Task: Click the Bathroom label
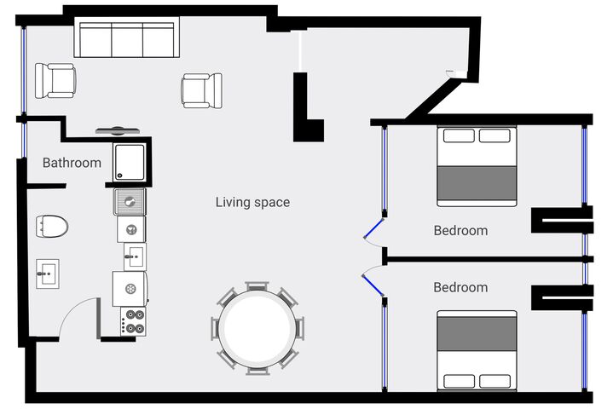click(x=72, y=163)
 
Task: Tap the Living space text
click(x=253, y=202)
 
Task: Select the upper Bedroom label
click(x=460, y=230)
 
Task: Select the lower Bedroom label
click(x=460, y=287)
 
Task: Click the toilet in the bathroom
click(x=52, y=226)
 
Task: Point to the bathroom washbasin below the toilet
click(x=48, y=274)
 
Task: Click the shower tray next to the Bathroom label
click(x=130, y=162)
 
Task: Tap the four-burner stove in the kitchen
click(x=133, y=321)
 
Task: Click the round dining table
click(x=257, y=329)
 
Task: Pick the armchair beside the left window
click(x=55, y=80)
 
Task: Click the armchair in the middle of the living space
click(x=202, y=90)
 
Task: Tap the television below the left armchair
click(x=118, y=130)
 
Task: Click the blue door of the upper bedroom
click(x=373, y=228)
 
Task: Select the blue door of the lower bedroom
click(x=373, y=285)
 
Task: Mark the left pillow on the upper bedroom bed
click(x=459, y=135)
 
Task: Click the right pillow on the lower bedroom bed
click(x=494, y=381)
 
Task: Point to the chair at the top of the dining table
click(x=257, y=285)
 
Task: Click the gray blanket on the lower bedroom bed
click(x=477, y=333)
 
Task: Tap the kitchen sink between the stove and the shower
click(x=136, y=256)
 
